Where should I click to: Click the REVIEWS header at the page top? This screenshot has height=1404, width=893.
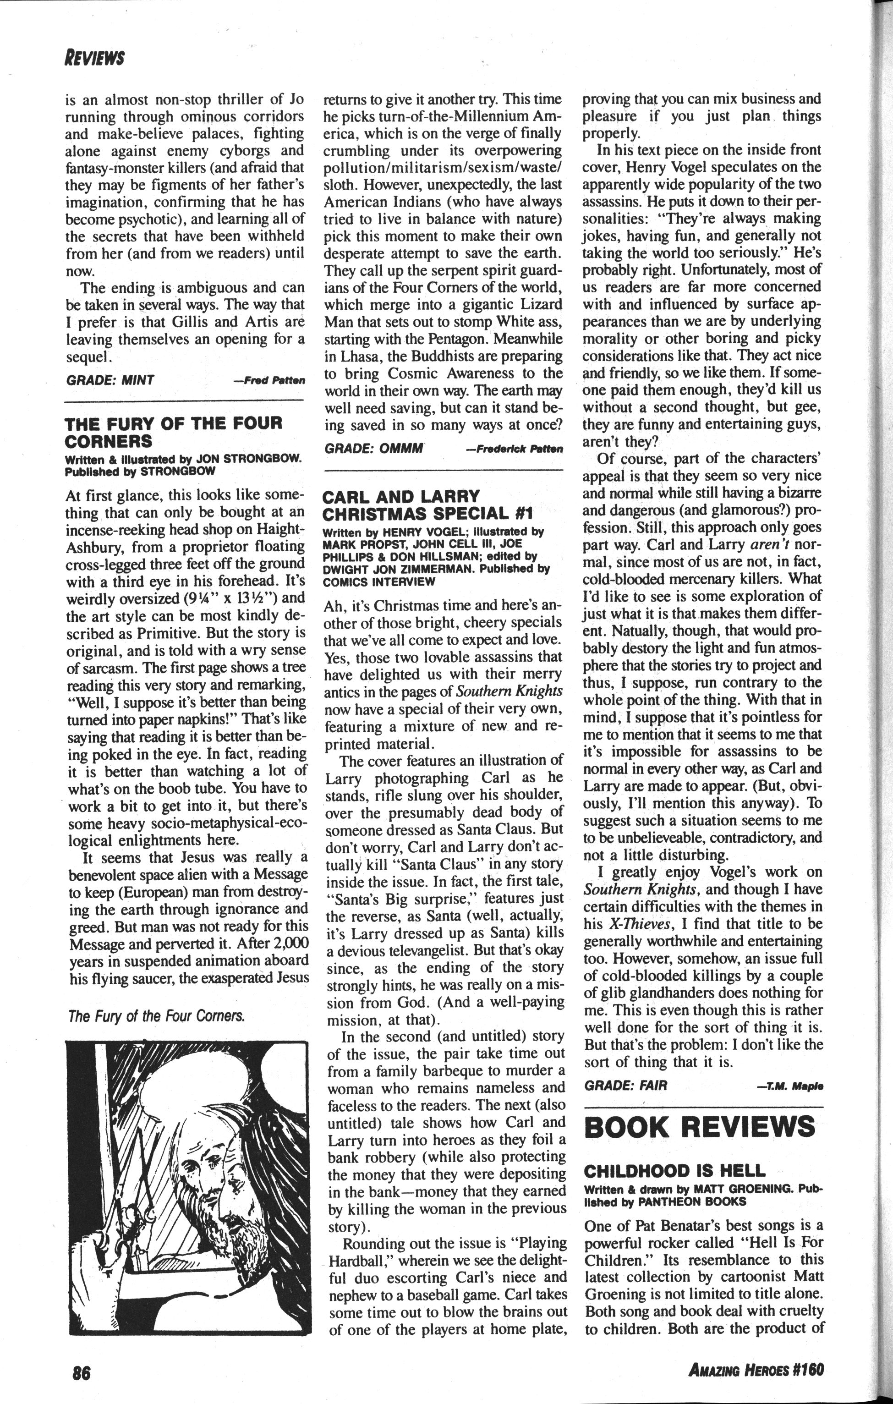pyautogui.click(x=95, y=58)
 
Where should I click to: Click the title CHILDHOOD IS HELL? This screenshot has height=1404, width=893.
pyautogui.click(x=674, y=1170)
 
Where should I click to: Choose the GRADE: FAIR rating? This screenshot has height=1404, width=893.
pyautogui.click(x=625, y=1085)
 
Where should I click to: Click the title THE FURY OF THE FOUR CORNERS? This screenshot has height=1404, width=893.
pyautogui.click(x=173, y=432)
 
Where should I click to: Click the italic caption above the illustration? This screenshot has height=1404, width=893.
pyautogui.click(x=156, y=1016)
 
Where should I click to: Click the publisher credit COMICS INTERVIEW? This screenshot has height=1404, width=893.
pyautogui.click(x=379, y=581)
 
